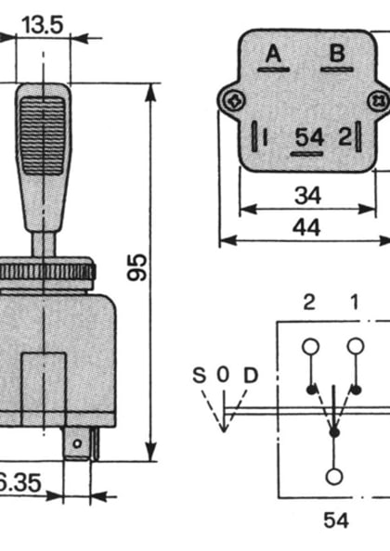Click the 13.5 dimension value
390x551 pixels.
coord(42,24)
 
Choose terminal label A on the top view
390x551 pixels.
coord(273,54)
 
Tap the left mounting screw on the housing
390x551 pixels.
coord(232,99)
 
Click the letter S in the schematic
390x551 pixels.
coord(199,376)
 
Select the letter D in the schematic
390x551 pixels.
coord(250,376)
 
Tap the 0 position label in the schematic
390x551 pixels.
coord(223,376)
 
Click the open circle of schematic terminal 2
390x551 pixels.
coord(310,347)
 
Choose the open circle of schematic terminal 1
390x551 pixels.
coord(354,347)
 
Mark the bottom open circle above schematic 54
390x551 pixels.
coord(333,477)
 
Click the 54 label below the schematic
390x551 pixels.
coord(335,520)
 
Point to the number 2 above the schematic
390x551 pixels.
coord(309,302)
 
